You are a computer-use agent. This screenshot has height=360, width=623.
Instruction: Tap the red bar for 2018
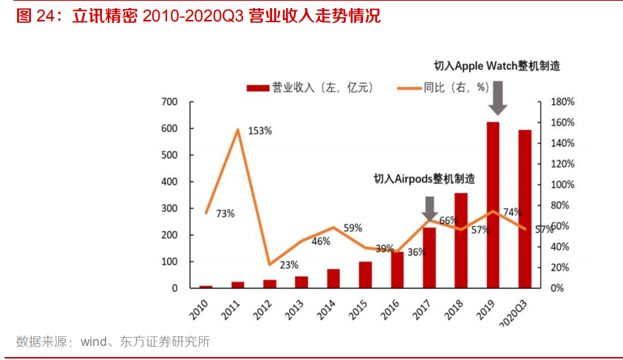[x=460, y=240]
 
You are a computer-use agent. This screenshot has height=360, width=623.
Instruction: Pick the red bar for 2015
[x=365, y=274]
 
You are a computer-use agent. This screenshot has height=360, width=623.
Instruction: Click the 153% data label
[x=259, y=131]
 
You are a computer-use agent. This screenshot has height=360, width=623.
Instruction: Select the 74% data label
[x=511, y=212]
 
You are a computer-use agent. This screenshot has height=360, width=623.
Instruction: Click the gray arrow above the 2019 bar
[x=498, y=98]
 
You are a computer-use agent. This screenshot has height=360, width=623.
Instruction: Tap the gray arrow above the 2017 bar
[x=429, y=207]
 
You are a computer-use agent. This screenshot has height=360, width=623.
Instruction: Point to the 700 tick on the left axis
[x=169, y=101]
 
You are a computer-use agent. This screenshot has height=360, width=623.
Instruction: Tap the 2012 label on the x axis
[x=262, y=308]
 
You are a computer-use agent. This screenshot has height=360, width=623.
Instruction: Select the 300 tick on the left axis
[x=169, y=208]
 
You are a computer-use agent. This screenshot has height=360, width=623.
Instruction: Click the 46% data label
[x=321, y=241]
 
